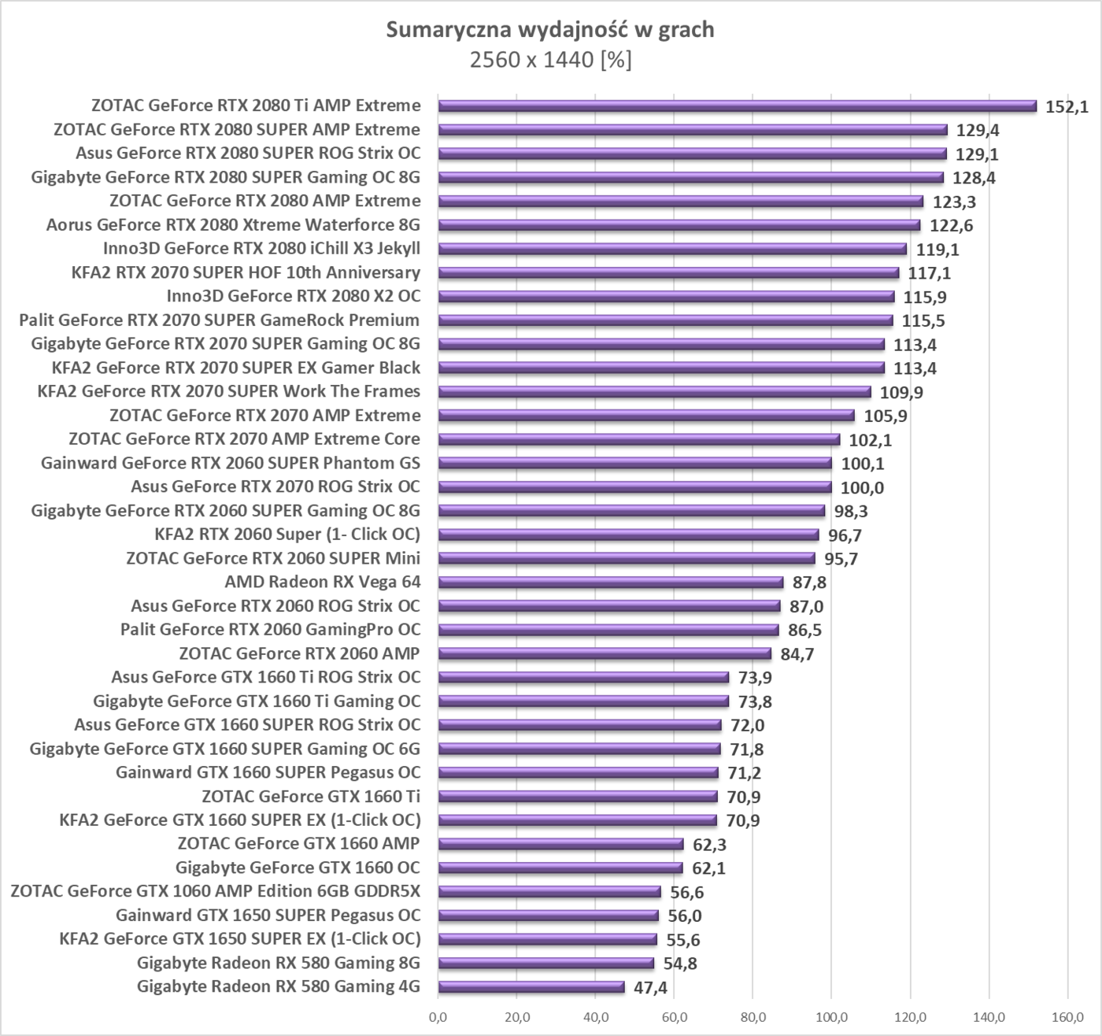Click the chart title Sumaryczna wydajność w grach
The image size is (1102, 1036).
pyautogui.click(x=550, y=30)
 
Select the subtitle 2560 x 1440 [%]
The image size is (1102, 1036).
pyautogui.click(x=550, y=60)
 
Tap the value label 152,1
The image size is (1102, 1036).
pyautogui.click(x=1067, y=107)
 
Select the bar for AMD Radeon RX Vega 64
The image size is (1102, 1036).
pyautogui.click(x=611, y=583)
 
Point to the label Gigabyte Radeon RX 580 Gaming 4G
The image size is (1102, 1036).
pyautogui.click(x=279, y=986)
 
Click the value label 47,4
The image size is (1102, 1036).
pyautogui.click(x=650, y=988)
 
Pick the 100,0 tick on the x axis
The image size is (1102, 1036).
pyautogui.click(x=831, y=1018)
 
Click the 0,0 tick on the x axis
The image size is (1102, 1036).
pyautogui.click(x=438, y=1018)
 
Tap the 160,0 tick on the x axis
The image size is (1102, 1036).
pyautogui.click(x=1067, y=1018)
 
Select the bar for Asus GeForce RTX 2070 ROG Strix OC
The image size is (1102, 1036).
pyautogui.click(x=634, y=487)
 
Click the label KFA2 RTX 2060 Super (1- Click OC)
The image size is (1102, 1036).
pyautogui.click(x=287, y=535)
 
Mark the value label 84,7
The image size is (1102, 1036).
pyautogui.click(x=797, y=654)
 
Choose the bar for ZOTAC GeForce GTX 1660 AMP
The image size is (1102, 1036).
pyautogui.click(x=560, y=844)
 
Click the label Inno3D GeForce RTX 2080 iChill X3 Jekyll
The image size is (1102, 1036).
pyautogui.click(x=261, y=249)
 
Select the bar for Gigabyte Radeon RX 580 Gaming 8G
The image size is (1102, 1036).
pyautogui.click(x=546, y=963)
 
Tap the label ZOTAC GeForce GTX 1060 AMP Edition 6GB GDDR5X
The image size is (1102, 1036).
pyautogui.click(x=216, y=891)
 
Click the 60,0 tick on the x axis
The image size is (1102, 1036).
pyautogui.click(x=674, y=1018)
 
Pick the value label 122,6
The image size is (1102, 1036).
pyautogui.click(x=951, y=226)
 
